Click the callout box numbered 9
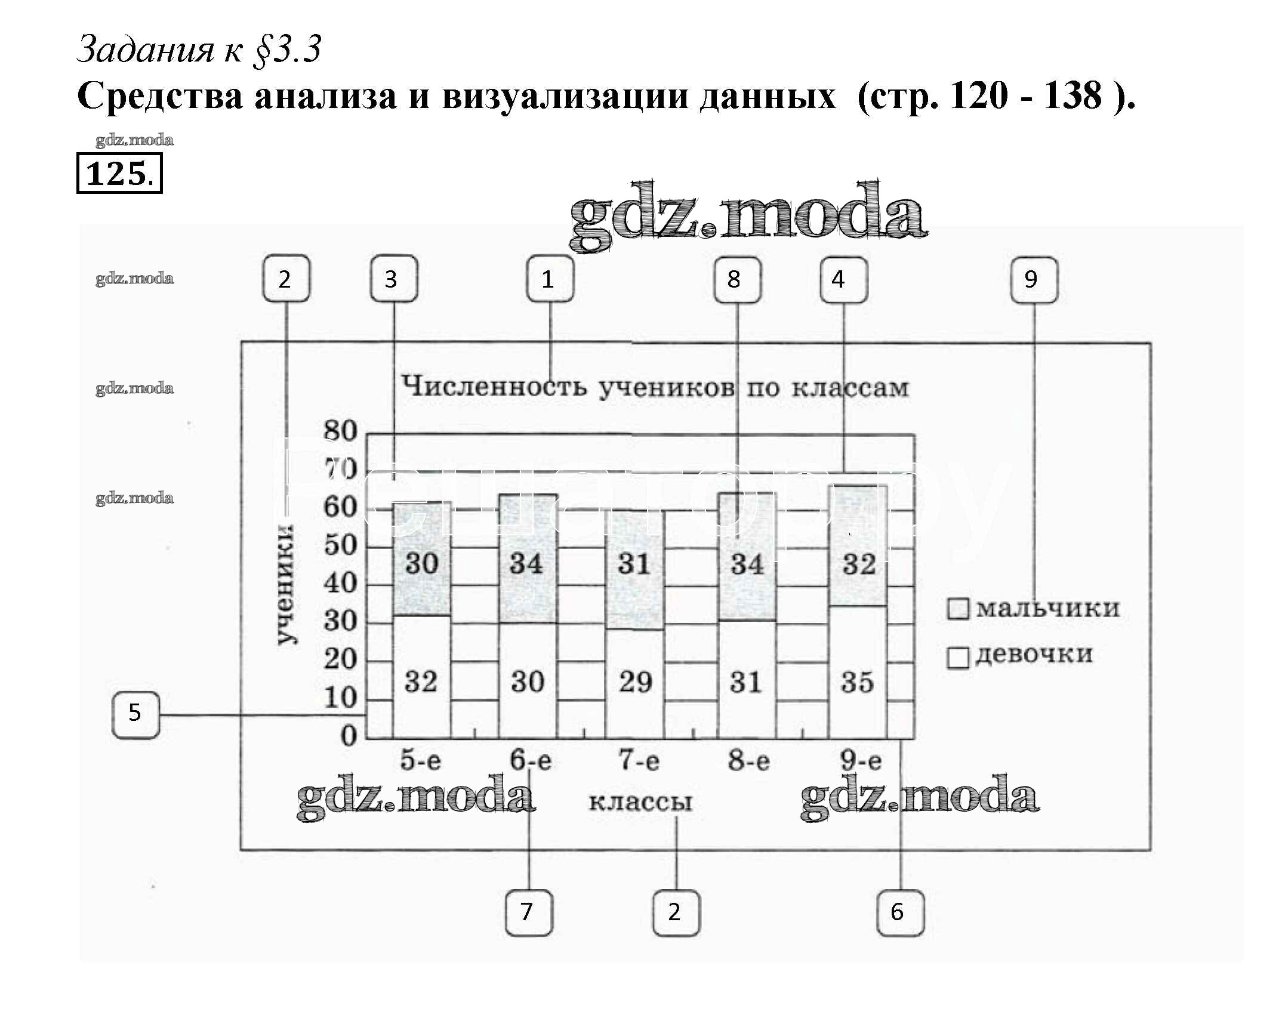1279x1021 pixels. click(x=1034, y=280)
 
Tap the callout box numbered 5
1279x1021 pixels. click(x=135, y=714)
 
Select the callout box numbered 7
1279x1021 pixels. click(x=528, y=912)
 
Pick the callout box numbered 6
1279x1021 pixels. click(x=900, y=912)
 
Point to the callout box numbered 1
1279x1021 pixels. click(x=550, y=279)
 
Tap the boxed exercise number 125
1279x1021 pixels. click(x=119, y=174)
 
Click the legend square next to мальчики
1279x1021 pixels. click(x=958, y=609)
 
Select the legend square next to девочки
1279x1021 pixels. click(x=958, y=658)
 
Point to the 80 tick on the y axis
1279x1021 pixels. click(x=340, y=431)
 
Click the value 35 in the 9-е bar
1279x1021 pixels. click(x=858, y=682)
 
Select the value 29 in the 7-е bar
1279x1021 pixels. click(x=635, y=682)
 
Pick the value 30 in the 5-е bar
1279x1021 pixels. click(x=422, y=563)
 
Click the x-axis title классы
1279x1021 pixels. click(x=640, y=801)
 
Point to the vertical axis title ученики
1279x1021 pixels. click(x=285, y=585)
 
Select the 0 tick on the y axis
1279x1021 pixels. click(x=349, y=736)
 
